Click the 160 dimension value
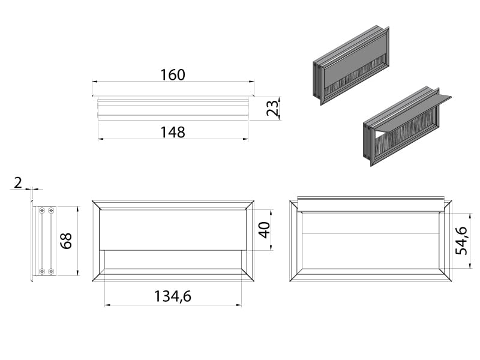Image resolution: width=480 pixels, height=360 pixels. point(173,75)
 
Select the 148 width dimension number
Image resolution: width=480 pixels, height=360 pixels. point(173,132)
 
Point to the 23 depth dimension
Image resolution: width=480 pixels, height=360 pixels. point(272,108)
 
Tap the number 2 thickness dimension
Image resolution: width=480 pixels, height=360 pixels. point(18,183)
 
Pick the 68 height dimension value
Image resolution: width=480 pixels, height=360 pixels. point(66,241)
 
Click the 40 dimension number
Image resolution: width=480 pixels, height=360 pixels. point(264,230)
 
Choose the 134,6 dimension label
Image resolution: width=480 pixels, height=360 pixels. point(173,296)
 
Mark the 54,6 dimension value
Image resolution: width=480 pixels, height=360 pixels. point(461,241)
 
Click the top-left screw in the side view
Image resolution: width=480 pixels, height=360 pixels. point(42,211)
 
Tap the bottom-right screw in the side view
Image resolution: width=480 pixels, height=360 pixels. point(51,271)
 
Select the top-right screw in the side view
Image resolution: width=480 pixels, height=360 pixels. point(51,211)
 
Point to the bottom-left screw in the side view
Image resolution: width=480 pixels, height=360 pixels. point(42,271)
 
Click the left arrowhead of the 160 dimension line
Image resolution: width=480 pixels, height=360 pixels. point(95,82)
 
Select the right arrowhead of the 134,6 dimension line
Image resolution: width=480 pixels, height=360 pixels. point(239,305)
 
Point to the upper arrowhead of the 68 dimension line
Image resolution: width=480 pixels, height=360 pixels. point(78,209)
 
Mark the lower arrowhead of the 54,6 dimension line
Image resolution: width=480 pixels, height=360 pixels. point(470,266)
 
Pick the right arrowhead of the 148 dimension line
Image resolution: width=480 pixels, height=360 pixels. point(245,139)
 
